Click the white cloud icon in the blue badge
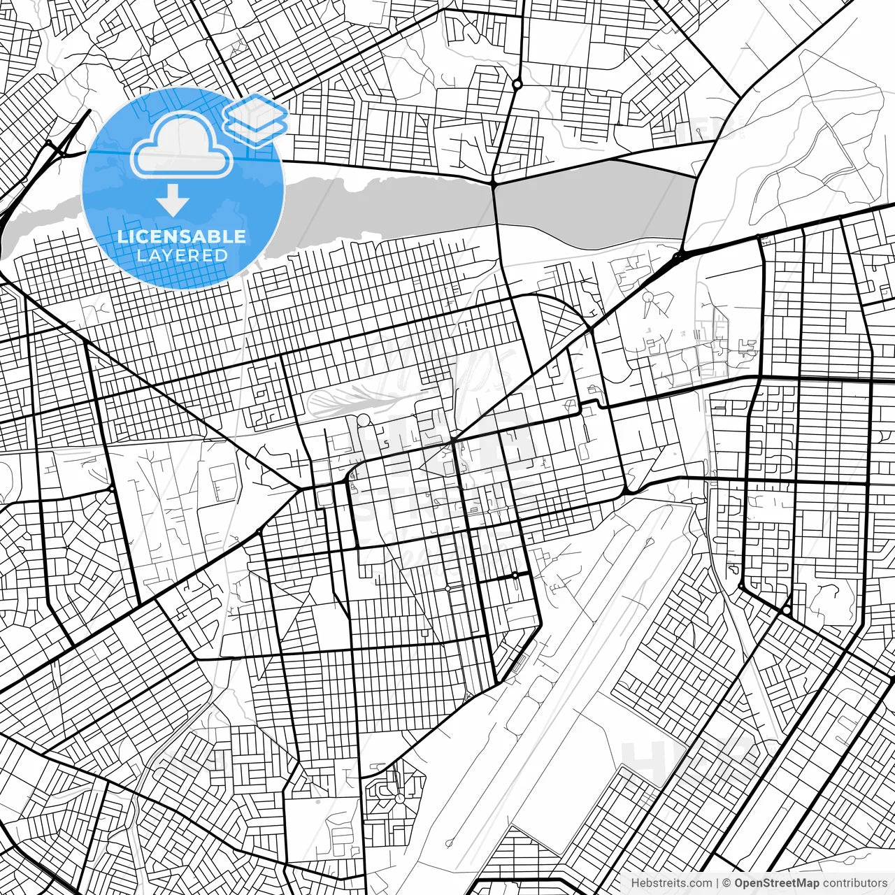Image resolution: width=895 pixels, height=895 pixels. (x=182, y=145)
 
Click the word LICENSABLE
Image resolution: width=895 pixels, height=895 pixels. (x=182, y=236)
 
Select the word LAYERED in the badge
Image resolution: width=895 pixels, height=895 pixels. (x=182, y=255)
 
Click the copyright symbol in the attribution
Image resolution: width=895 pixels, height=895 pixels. (x=726, y=883)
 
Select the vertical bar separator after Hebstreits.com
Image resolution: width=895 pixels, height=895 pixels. (x=717, y=883)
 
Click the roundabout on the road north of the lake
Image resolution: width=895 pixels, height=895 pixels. (x=517, y=85)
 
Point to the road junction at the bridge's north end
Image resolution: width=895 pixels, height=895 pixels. (x=494, y=183)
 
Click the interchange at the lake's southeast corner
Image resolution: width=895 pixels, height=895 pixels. (x=678, y=257)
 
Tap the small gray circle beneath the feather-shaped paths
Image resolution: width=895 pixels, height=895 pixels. (x=364, y=420)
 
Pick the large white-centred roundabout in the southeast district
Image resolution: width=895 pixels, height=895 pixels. (x=787, y=610)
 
